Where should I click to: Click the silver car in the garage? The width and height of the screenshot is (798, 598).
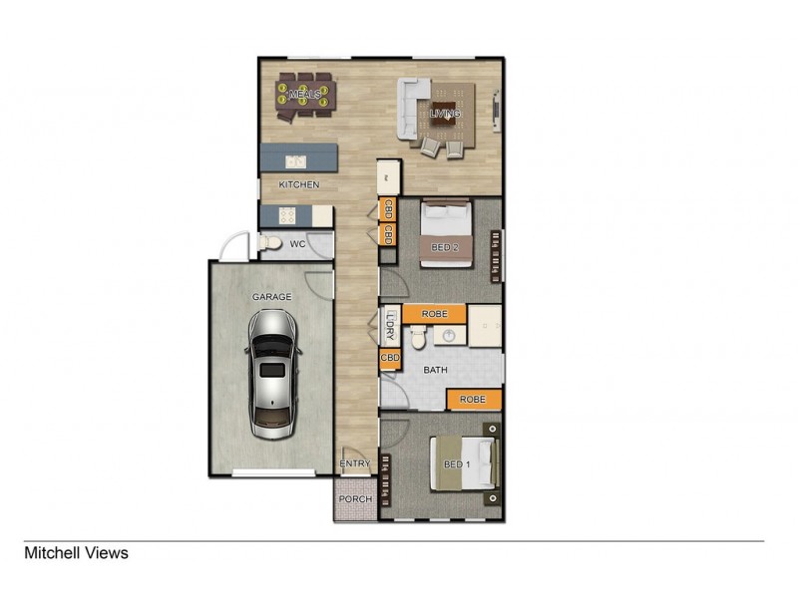click(270, 375)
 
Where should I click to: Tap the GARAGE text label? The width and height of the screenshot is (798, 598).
click(270, 296)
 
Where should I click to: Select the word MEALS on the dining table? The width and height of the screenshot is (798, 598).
click(304, 95)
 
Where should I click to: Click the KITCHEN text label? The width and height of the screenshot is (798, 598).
click(298, 185)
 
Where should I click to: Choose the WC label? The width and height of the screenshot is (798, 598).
click(297, 244)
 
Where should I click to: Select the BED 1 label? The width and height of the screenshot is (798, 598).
click(456, 465)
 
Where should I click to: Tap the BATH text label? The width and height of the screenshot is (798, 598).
click(436, 370)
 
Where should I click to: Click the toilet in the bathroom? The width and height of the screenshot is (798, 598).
click(420, 339)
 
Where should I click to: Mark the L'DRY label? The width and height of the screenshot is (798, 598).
click(390, 326)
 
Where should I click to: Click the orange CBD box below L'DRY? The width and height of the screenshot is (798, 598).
click(390, 358)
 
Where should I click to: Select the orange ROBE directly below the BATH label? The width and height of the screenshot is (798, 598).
click(473, 400)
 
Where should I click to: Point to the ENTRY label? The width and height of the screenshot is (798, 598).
click(354, 463)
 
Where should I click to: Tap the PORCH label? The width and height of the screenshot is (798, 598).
click(354, 499)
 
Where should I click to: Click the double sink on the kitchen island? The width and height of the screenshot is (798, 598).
click(295, 159)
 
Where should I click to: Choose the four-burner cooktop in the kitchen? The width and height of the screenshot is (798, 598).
click(285, 214)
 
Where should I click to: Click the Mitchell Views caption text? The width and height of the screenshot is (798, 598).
click(77, 552)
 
